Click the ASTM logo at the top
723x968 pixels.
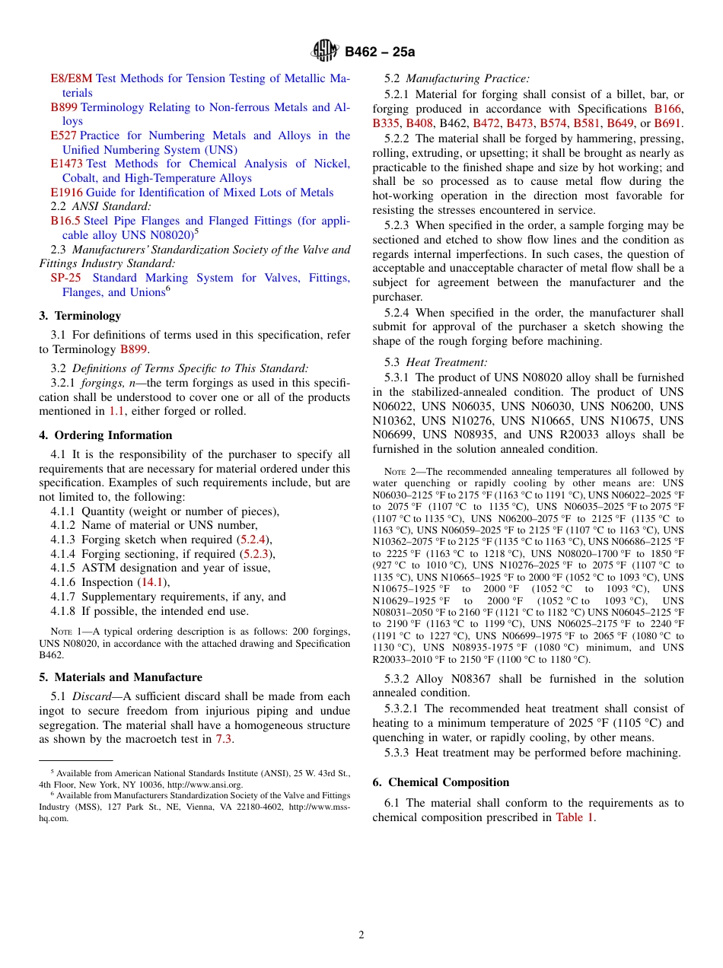tap(325, 51)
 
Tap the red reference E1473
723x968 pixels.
tap(67, 164)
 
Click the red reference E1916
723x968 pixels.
tap(67, 193)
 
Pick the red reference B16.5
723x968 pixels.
tap(65, 221)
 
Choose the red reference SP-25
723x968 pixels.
tap(65, 278)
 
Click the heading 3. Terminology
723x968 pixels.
tap(80, 316)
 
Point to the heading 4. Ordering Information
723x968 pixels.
tap(106, 435)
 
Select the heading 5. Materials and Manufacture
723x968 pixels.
tap(121, 677)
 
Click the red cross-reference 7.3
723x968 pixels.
tap(224, 739)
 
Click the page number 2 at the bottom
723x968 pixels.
tap(361, 935)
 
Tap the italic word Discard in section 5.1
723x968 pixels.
tap(91, 696)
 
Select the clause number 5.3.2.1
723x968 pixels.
tap(403, 708)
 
